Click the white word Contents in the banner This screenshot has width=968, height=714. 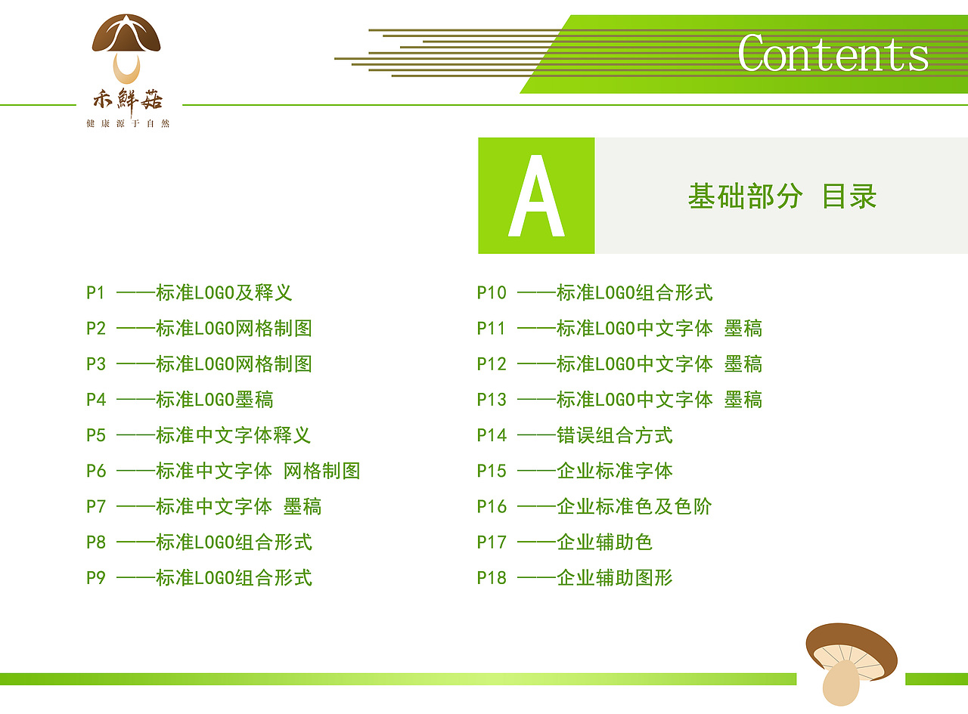tap(833, 53)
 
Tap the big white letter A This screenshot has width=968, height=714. tap(536, 196)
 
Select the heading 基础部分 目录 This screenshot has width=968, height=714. tap(782, 196)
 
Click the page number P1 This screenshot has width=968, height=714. tap(95, 292)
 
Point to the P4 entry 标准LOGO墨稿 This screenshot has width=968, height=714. tap(215, 400)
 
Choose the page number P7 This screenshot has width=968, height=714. tap(96, 506)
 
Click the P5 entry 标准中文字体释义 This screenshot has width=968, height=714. tap(234, 435)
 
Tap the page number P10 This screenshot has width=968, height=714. tap(492, 292)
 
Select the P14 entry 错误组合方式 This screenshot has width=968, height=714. tap(615, 435)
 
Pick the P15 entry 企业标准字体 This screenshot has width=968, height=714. tap(615, 471)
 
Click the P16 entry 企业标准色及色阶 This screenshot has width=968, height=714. tap(634, 506)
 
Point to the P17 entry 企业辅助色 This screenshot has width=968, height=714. tap(604, 542)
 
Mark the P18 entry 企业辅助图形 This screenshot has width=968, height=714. tap(615, 578)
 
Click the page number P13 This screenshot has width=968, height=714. tap(492, 400)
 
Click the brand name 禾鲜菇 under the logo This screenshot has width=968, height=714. tap(128, 100)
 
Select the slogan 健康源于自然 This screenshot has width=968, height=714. tap(128, 124)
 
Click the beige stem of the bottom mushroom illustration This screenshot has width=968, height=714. tap(840, 682)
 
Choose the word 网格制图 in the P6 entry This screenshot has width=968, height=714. tap(321, 471)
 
